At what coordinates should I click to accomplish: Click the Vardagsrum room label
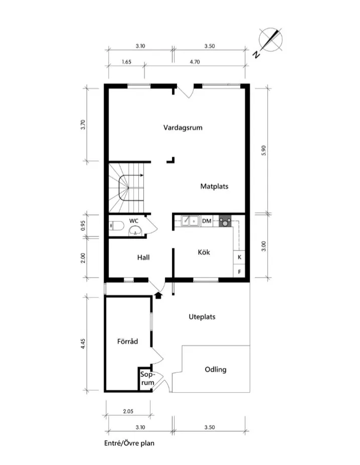(183, 127)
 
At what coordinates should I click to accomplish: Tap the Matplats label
(214, 186)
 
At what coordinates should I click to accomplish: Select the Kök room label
(203, 252)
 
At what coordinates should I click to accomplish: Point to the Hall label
(144, 257)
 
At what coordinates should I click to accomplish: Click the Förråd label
(127, 342)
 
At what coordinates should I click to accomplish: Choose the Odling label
(216, 370)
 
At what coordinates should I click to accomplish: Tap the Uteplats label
(202, 317)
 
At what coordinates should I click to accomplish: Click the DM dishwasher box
(207, 220)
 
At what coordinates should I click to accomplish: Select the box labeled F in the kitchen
(240, 272)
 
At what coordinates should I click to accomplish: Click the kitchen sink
(190, 220)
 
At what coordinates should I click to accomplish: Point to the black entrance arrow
(158, 295)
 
